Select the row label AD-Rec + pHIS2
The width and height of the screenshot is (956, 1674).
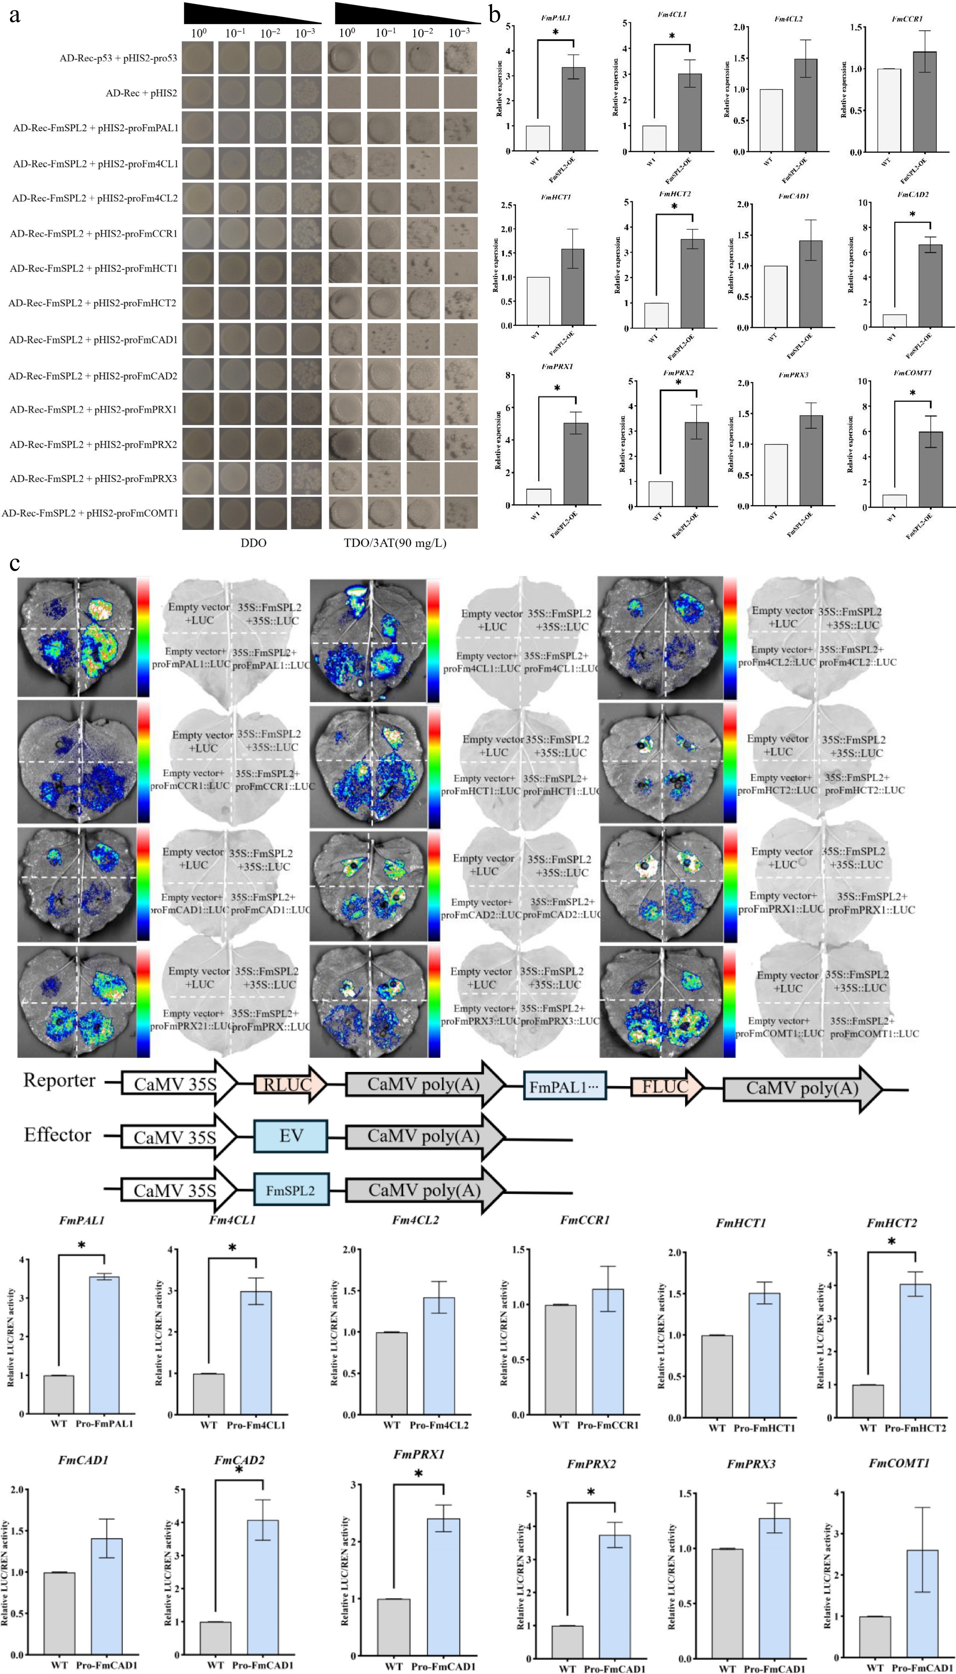pyautogui.click(x=141, y=93)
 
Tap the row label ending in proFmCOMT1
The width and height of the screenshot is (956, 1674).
pyautogui.click(x=90, y=513)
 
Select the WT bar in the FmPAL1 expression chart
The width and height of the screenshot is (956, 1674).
pyautogui.click(x=538, y=138)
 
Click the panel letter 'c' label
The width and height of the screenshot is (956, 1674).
pyautogui.click(x=14, y=564)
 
